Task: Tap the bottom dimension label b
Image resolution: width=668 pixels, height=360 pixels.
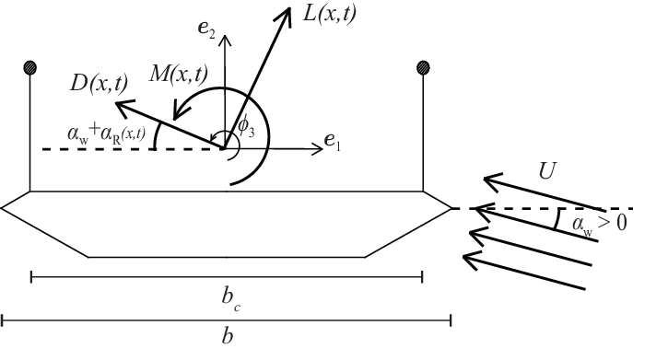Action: pos(227,337)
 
